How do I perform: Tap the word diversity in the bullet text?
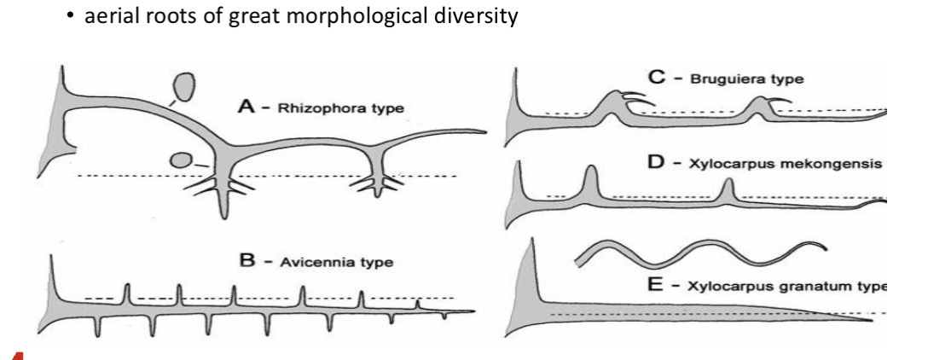pos(480,18)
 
